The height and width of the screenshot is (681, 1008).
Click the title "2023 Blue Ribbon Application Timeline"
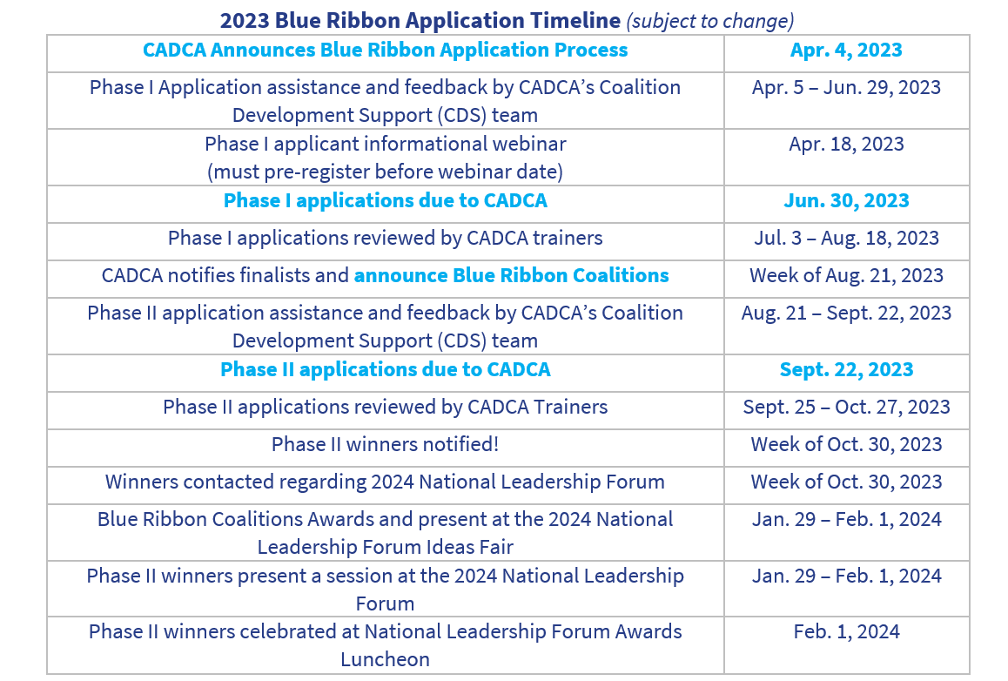[x=420, y=20]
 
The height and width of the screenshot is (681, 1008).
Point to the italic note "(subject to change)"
[x=710, y=20]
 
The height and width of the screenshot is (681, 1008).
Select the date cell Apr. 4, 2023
[x=846, y=51]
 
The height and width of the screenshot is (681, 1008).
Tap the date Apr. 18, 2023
[x=846, y=145]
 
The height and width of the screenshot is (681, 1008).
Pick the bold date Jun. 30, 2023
[x=846, y=201]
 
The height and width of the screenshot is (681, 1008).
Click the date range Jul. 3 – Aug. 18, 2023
[x=846, y=239]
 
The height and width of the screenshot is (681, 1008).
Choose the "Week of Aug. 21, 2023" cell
[x=846, y=276]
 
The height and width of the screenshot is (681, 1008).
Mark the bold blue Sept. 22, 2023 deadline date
[x=846, y=370]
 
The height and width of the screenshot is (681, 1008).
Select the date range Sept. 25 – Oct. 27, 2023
[x=846, y=408]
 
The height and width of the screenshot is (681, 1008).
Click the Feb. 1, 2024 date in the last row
[x=846, y=632]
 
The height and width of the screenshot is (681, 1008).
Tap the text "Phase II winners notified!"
[x=385, y=445]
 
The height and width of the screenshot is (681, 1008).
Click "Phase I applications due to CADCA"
[x=385, y=201]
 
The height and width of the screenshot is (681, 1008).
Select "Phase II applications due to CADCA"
[x=385, y=370]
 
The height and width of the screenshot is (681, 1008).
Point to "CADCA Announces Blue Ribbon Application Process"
[x=385, y=51]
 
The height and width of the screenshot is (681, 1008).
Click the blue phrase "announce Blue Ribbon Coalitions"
[x=511, y=276]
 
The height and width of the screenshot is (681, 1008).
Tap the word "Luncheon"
[x=385, y=660]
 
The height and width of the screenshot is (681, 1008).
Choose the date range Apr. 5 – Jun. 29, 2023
[x=846, y=88]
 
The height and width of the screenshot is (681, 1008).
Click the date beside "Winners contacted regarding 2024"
[x=846, y=482]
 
